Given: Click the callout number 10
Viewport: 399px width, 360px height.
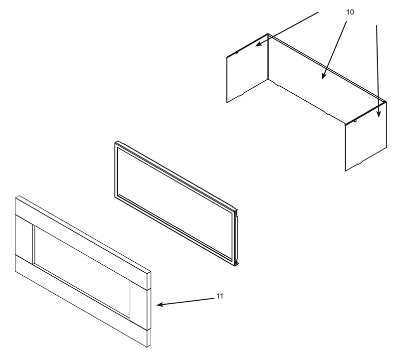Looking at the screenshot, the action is (x=350, y=12).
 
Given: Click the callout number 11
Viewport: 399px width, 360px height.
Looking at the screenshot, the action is (x=219, y=296).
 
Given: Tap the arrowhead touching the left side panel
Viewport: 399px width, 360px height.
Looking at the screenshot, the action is (x=258, y=44).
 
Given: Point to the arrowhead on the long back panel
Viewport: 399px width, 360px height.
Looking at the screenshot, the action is (x=324, y=76).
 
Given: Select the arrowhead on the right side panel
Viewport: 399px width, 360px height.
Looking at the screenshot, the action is (x=379, y=114).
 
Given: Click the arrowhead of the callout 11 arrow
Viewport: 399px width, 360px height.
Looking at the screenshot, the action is (x=160, y=304).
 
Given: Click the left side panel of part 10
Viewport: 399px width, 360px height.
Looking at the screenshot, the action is (x=247, y=68).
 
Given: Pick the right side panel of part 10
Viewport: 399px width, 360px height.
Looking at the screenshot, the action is (x=366, y=137).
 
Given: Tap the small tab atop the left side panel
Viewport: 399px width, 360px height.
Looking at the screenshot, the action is (x=236, y=53).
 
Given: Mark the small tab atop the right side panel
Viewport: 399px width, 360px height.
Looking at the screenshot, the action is (x=355, y=121).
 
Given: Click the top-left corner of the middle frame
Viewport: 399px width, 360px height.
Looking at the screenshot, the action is (x=115, y=142).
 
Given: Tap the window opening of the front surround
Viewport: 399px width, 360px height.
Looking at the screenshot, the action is (x=82, y=272).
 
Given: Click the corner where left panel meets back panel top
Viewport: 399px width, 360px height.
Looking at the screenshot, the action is (x=268, y=33).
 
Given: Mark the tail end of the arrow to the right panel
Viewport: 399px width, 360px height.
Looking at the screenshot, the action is (x=377, y=25).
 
